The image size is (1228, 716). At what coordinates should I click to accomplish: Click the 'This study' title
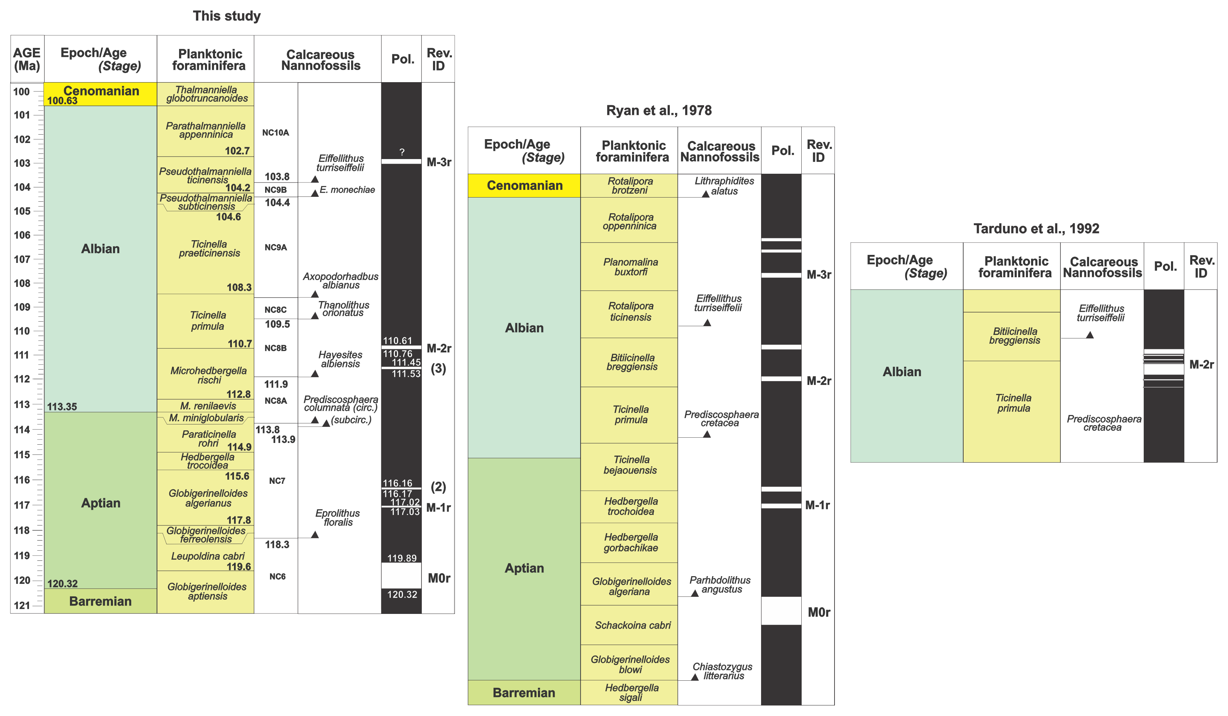227,16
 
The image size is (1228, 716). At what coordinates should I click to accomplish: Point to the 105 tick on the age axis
22,211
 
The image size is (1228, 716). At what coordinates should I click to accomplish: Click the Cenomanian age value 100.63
62,101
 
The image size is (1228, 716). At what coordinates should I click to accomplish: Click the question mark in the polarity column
402,152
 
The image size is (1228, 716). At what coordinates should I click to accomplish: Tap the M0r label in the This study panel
439,578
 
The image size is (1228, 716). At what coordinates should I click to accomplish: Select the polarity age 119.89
402,558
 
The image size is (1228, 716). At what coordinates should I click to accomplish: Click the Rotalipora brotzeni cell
630,186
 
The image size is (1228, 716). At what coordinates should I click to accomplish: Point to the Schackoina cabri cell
632,625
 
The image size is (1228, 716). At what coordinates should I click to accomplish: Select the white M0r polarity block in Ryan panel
781,611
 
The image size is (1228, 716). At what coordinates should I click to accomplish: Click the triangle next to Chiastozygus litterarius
695,677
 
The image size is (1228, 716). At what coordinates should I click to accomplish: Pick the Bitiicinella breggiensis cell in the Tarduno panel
1014,336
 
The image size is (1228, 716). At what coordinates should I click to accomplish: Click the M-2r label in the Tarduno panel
1201,364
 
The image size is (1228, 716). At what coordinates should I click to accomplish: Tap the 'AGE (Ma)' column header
27,59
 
